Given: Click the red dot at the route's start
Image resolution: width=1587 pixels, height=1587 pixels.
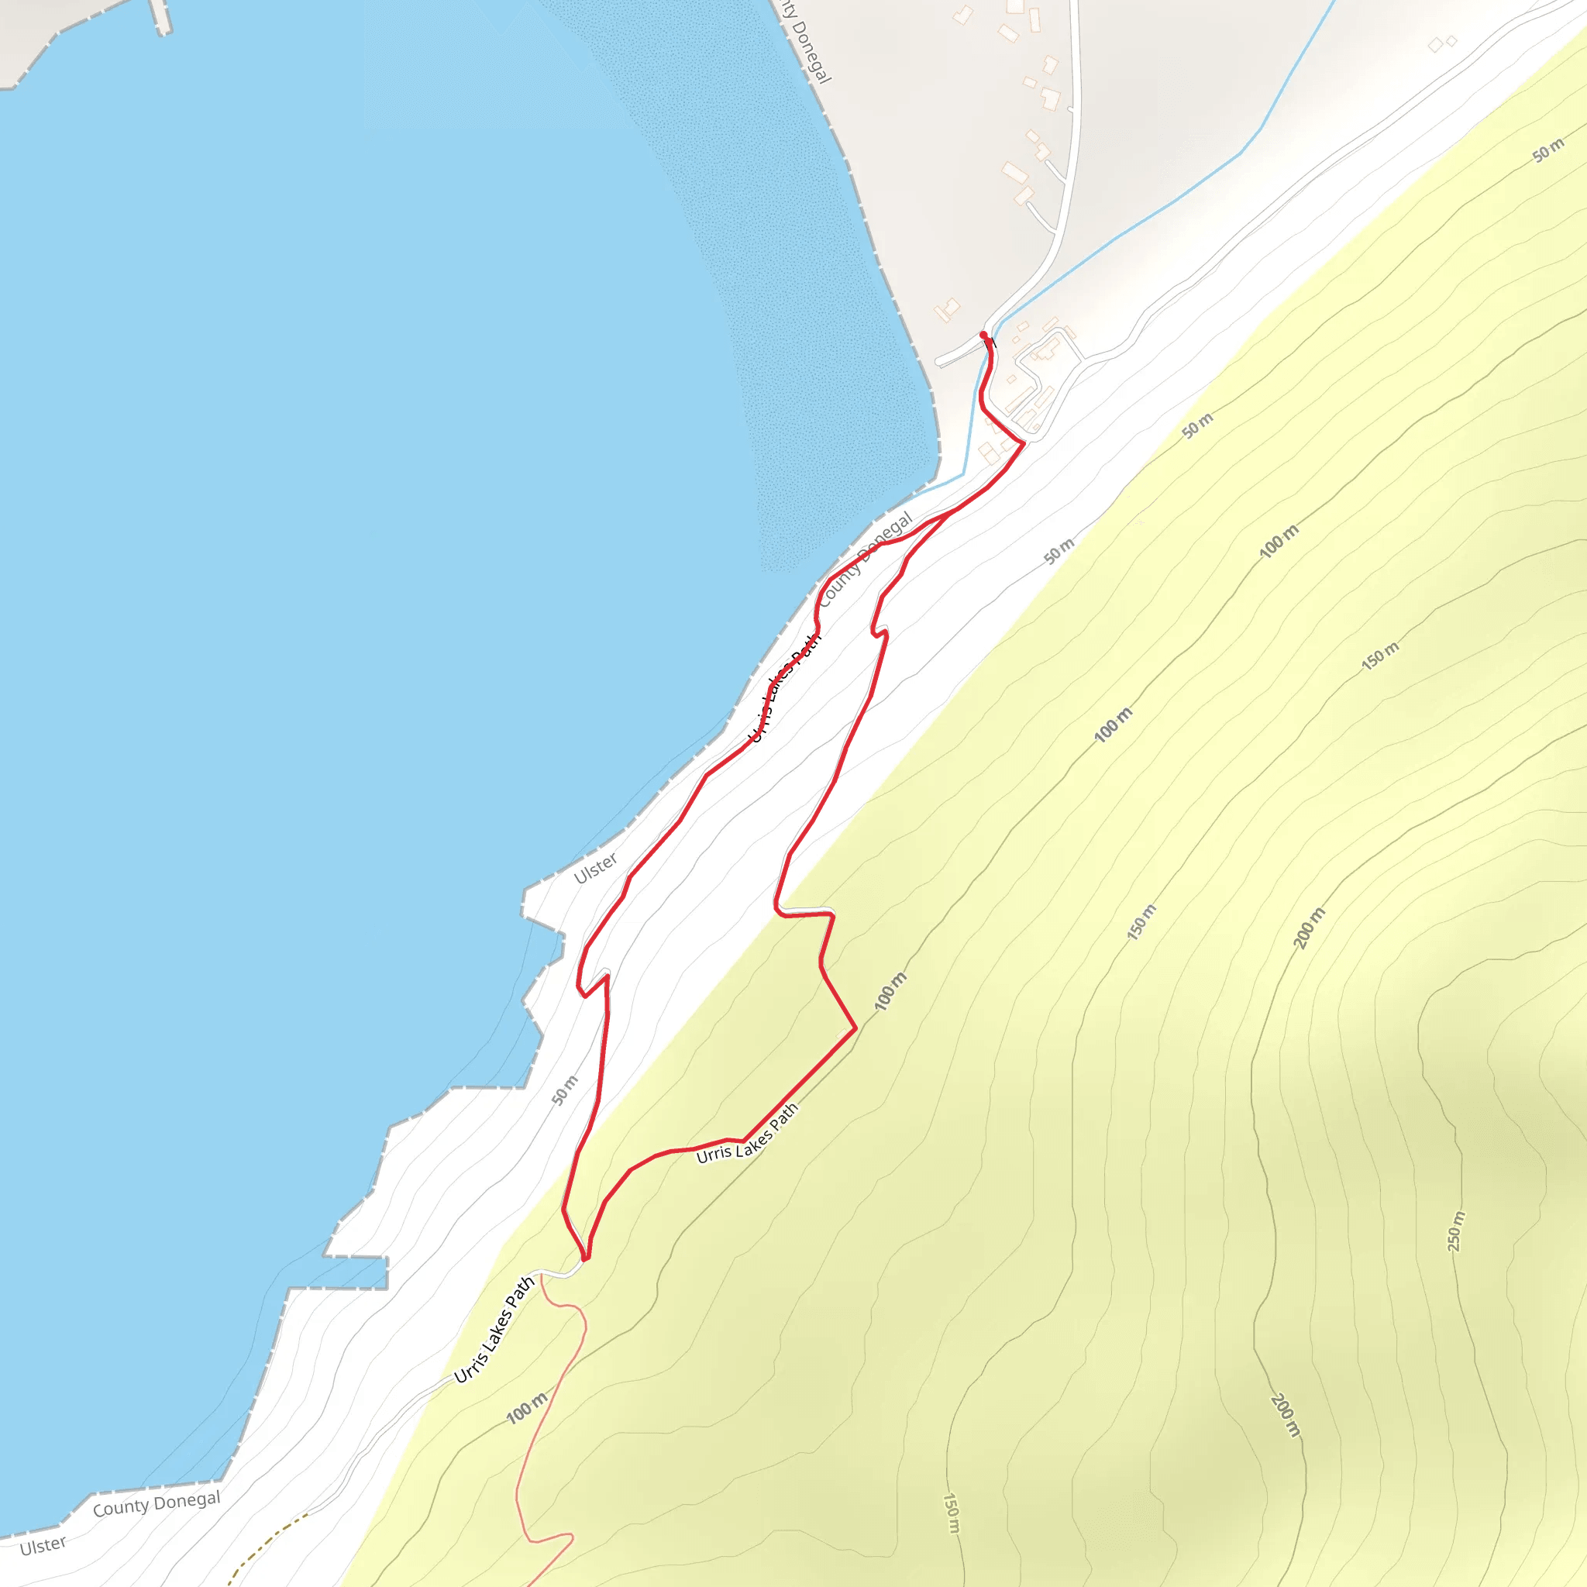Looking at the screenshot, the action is pos(983,335).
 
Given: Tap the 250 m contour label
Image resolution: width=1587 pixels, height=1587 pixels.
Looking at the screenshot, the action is pos(1455,1231).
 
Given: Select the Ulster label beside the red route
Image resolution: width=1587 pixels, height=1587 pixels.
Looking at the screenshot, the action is pos(596,868).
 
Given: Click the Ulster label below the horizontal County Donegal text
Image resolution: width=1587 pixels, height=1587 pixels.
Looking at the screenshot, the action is pos(43,1546).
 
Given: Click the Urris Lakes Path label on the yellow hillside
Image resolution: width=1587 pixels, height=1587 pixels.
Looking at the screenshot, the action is pos(747,1134).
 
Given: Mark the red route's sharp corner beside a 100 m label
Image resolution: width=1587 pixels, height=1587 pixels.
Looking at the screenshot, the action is pos(855,1028).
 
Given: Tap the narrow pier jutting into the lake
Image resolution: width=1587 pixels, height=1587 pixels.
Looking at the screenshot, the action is pos(161,16).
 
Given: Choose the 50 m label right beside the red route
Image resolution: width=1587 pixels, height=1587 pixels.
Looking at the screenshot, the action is pos(565,1090).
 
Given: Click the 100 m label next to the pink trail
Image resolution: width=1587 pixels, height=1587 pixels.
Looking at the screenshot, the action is pos(526,1408).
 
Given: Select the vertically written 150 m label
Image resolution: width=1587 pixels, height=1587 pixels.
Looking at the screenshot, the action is pos(950,1514).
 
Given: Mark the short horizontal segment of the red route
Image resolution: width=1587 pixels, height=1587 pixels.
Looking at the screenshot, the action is pos(805,913).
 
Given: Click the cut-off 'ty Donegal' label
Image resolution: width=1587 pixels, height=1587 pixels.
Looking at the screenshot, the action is pos(805,41).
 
